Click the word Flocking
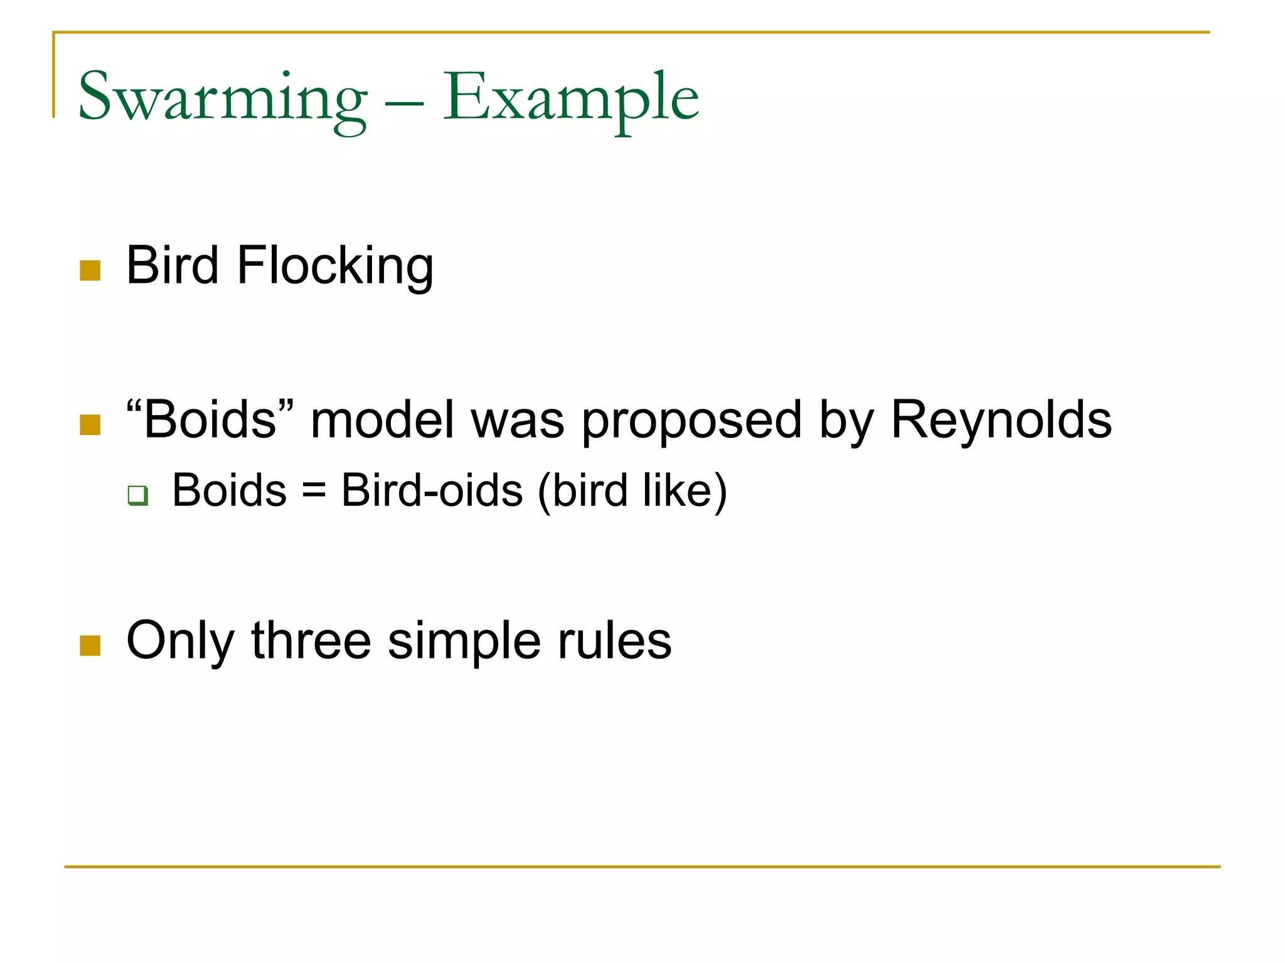[x=335, y=266]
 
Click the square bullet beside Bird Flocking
[x=90, y=270]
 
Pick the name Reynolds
[x=1001, y=419]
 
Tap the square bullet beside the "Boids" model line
[x=90, y=424]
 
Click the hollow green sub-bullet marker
[x=137, y=495]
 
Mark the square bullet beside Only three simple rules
[x=90, y=645]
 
